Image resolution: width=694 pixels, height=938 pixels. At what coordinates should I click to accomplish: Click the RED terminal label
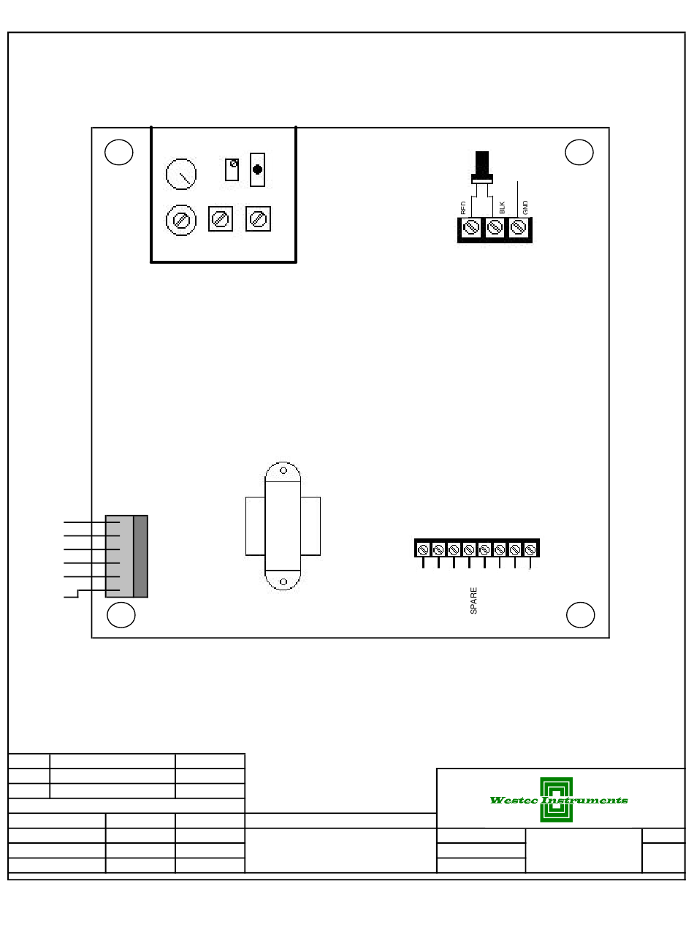[463, 207]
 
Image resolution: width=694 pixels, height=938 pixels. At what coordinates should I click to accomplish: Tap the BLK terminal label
[503, 207]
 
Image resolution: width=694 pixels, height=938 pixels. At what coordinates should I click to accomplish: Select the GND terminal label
[525, 207]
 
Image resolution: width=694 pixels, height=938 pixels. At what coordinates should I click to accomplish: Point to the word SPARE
[473, 600]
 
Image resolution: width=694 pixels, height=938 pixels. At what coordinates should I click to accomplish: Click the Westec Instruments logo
[558, 800]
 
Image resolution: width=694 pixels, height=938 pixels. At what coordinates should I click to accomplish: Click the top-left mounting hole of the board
[118, 152]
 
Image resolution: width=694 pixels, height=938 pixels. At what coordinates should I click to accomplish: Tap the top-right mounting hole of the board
[579, 152]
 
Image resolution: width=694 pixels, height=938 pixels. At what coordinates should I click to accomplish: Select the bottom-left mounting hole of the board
[121, 614]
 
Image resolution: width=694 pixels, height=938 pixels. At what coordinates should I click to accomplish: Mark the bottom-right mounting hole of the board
[581, 614]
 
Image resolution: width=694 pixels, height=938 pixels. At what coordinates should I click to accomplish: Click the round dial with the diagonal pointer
[181, 175]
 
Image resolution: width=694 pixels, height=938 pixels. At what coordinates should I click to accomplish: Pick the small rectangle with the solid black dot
[257, 169]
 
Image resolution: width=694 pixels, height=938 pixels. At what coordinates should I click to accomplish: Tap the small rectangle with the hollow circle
[232, 169]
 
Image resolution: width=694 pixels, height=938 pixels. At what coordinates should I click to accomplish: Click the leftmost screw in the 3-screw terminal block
[471, 228]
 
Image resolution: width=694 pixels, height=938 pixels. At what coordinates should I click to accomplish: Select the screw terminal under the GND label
[519, 228]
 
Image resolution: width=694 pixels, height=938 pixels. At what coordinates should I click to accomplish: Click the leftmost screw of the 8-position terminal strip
[423, 549]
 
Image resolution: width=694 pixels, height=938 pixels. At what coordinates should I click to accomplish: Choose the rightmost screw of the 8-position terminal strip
[531, 549]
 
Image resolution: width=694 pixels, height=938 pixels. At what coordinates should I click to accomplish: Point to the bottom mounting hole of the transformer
[283, 582]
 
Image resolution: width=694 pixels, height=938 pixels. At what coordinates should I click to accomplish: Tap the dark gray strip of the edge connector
[141, 557]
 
